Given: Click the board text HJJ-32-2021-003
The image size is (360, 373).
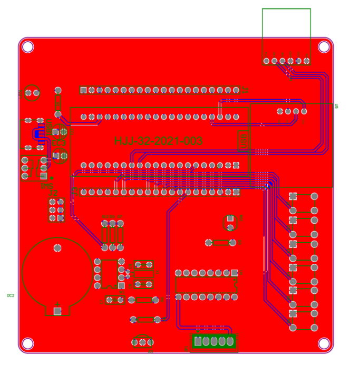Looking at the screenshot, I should click(158, 141).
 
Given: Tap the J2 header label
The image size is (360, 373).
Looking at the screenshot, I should click(53, 194).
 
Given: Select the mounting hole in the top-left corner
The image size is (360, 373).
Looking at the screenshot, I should click(28, 47).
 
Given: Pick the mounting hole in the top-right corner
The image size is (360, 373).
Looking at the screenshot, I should click(324, 47).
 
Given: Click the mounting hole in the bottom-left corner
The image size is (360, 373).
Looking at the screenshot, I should click(28, 344).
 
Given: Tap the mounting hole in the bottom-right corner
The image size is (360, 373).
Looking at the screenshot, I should click(324, 344).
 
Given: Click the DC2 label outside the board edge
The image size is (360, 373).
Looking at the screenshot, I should click(11, 295).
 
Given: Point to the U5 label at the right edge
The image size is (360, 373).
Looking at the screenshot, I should click(336, 107).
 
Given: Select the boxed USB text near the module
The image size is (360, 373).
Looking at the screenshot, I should click(243, 140).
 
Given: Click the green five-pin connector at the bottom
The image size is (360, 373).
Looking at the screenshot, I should click(213, 342).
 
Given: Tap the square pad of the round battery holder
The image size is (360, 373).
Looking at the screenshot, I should click(57, 311).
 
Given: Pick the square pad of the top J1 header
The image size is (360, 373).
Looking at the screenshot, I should click(83, 90).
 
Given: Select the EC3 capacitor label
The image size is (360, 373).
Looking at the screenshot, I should click(59, 142).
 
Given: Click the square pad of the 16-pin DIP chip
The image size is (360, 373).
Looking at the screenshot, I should click(235, 273).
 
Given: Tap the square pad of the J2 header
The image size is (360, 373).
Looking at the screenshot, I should click(61, 202).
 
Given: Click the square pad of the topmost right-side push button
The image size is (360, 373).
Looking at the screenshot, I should click(293, 196).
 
